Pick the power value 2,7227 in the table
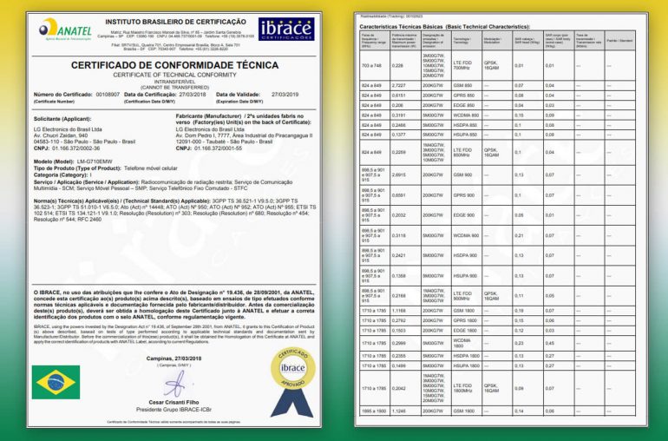point(400,85)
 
